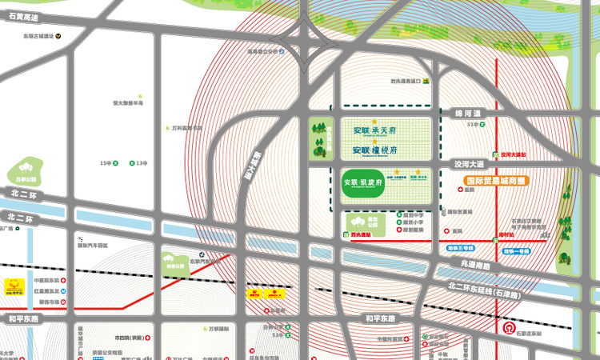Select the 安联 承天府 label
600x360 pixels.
coord(374,130)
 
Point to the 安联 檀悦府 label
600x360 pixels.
coord(374,150)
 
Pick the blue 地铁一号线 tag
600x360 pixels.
coord(517,251)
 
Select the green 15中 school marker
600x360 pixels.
coord(115,163)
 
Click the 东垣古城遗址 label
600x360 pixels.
coord(38,36)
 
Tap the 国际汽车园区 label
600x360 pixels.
coord(92,246)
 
